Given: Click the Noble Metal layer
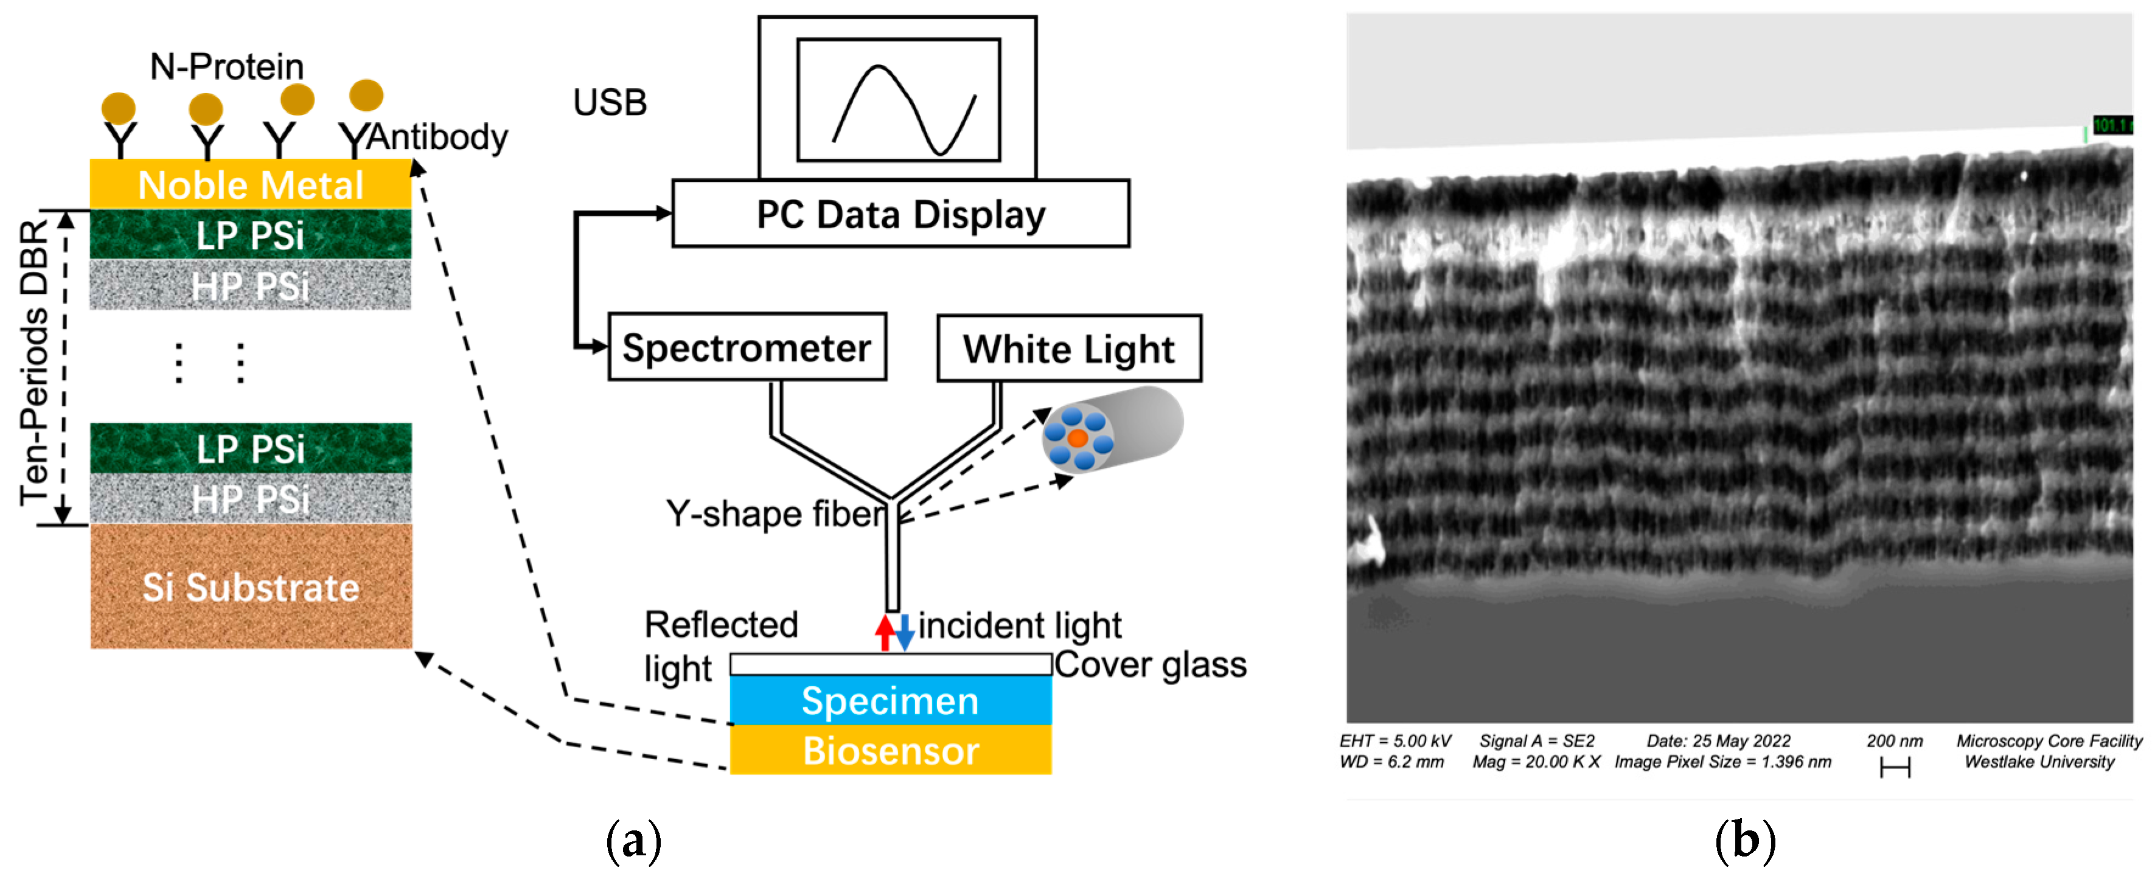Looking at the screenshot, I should pyautogui.click(x=250, y=184).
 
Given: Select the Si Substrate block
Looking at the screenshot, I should pyautogui.click(x=251, y=586).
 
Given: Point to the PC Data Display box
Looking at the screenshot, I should pyautogui.click(x=900, y=214).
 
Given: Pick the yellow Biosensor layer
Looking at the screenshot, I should pyautogui.click(x=890, y=750).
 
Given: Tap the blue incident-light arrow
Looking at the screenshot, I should pyautogui.click(x=905, y=634).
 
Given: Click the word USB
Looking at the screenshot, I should pyautogui.click(x=610, y=103).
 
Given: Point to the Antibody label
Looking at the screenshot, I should pyautogui.click(x=437, y=136).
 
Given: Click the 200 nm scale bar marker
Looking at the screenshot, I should pyautogui.click(x=1895, y=766).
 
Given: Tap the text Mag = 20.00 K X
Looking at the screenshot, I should pyautogui.click(x=1536, y=762).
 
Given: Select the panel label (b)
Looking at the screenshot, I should pyautogui.click(x=1745, y=840).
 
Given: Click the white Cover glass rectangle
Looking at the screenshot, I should pyautogui.click(x=890, y=664).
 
